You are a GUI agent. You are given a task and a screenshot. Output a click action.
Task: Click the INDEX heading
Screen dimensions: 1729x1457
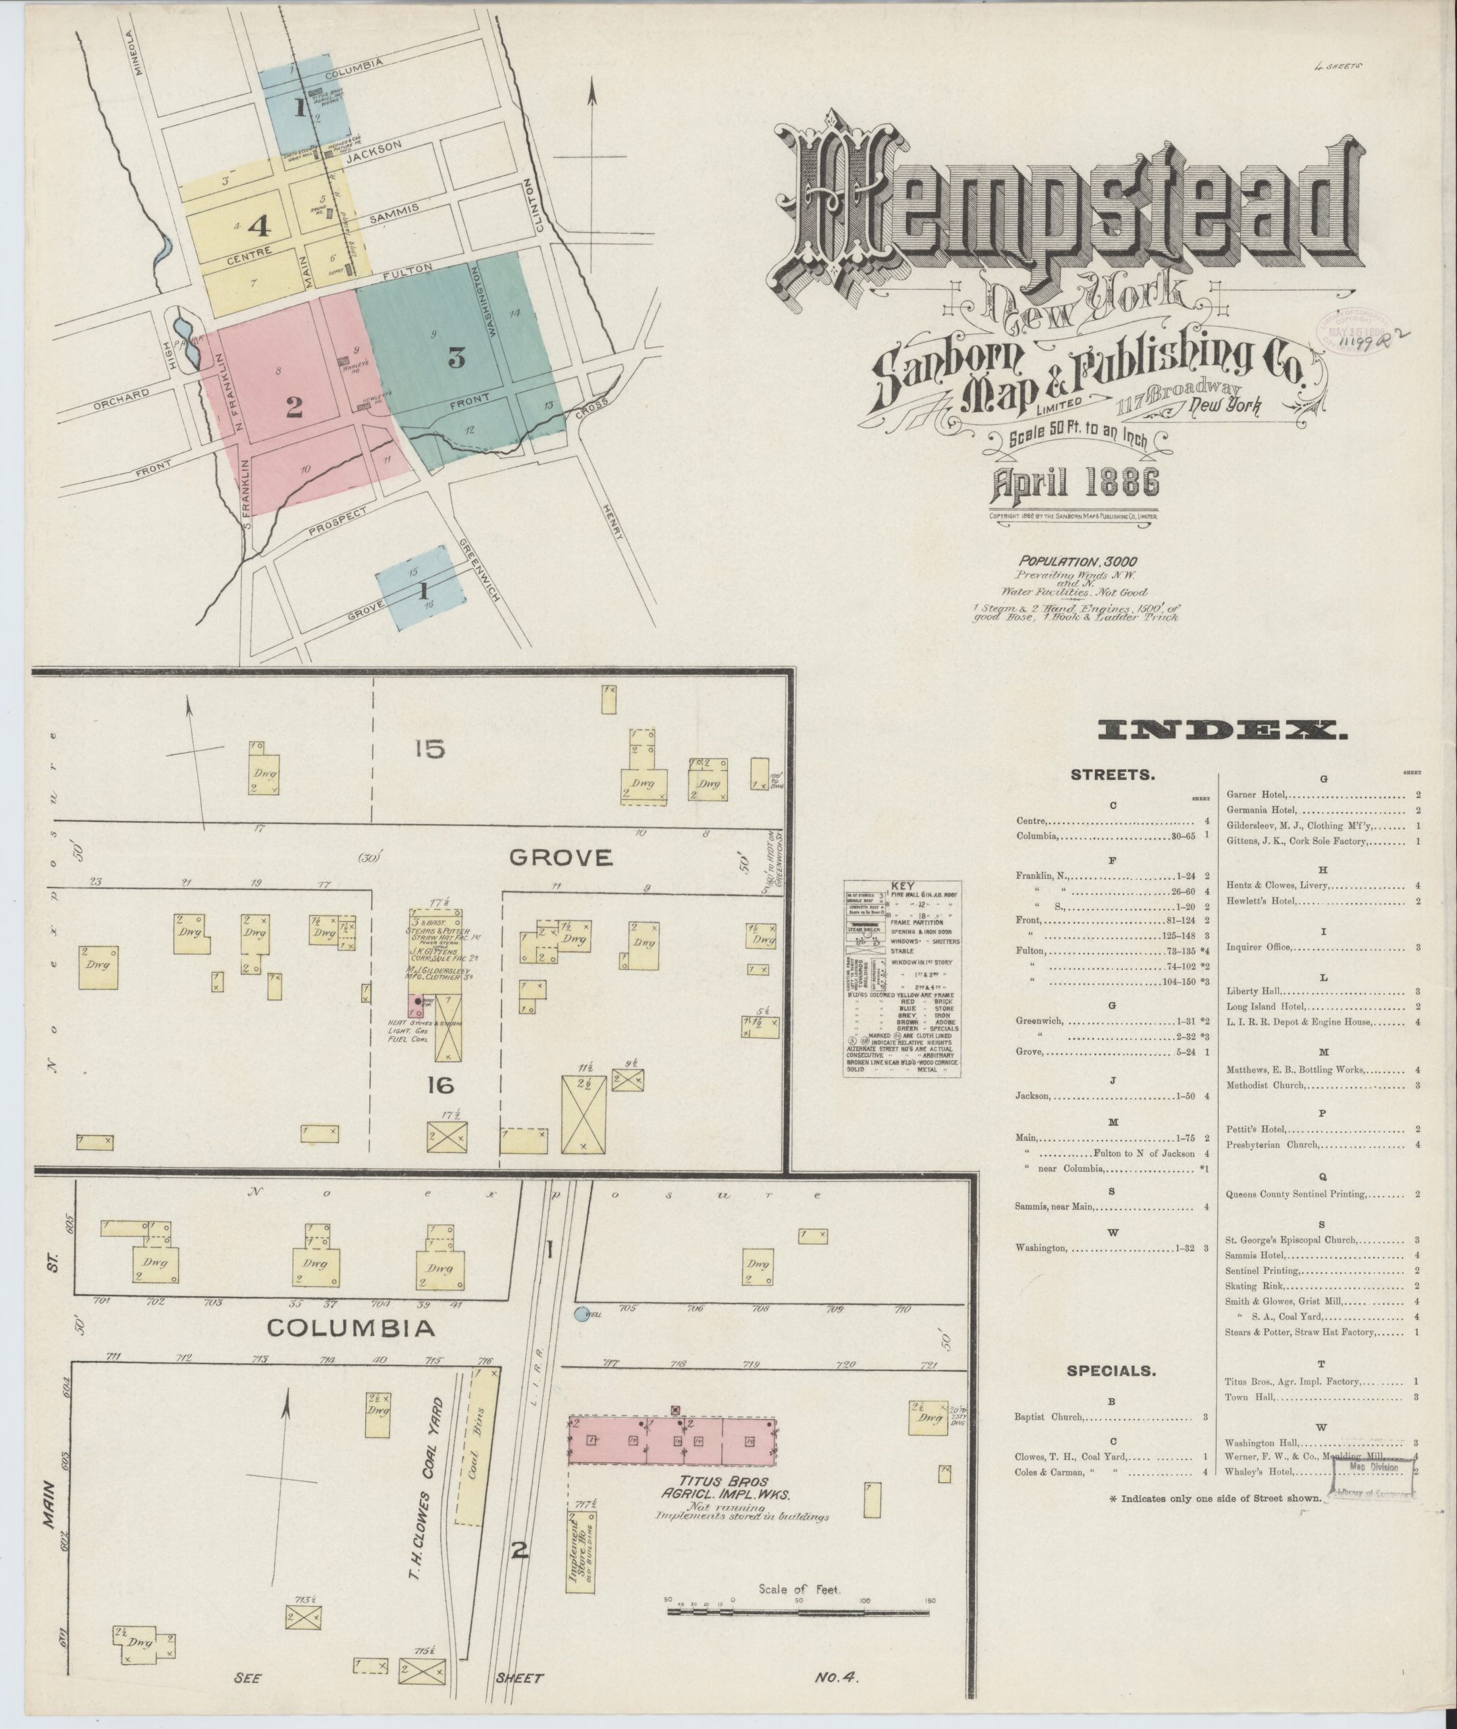coord(1223,729)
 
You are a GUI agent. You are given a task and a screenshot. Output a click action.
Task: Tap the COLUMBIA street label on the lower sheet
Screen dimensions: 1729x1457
coord(351,1328)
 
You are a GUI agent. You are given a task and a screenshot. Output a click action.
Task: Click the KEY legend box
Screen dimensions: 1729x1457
coord(901,978)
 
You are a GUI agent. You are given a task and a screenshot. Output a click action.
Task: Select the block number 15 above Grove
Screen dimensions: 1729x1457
coord(430,749)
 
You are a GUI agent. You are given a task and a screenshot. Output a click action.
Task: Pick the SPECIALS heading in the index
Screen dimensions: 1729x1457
coord(1123,1370)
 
